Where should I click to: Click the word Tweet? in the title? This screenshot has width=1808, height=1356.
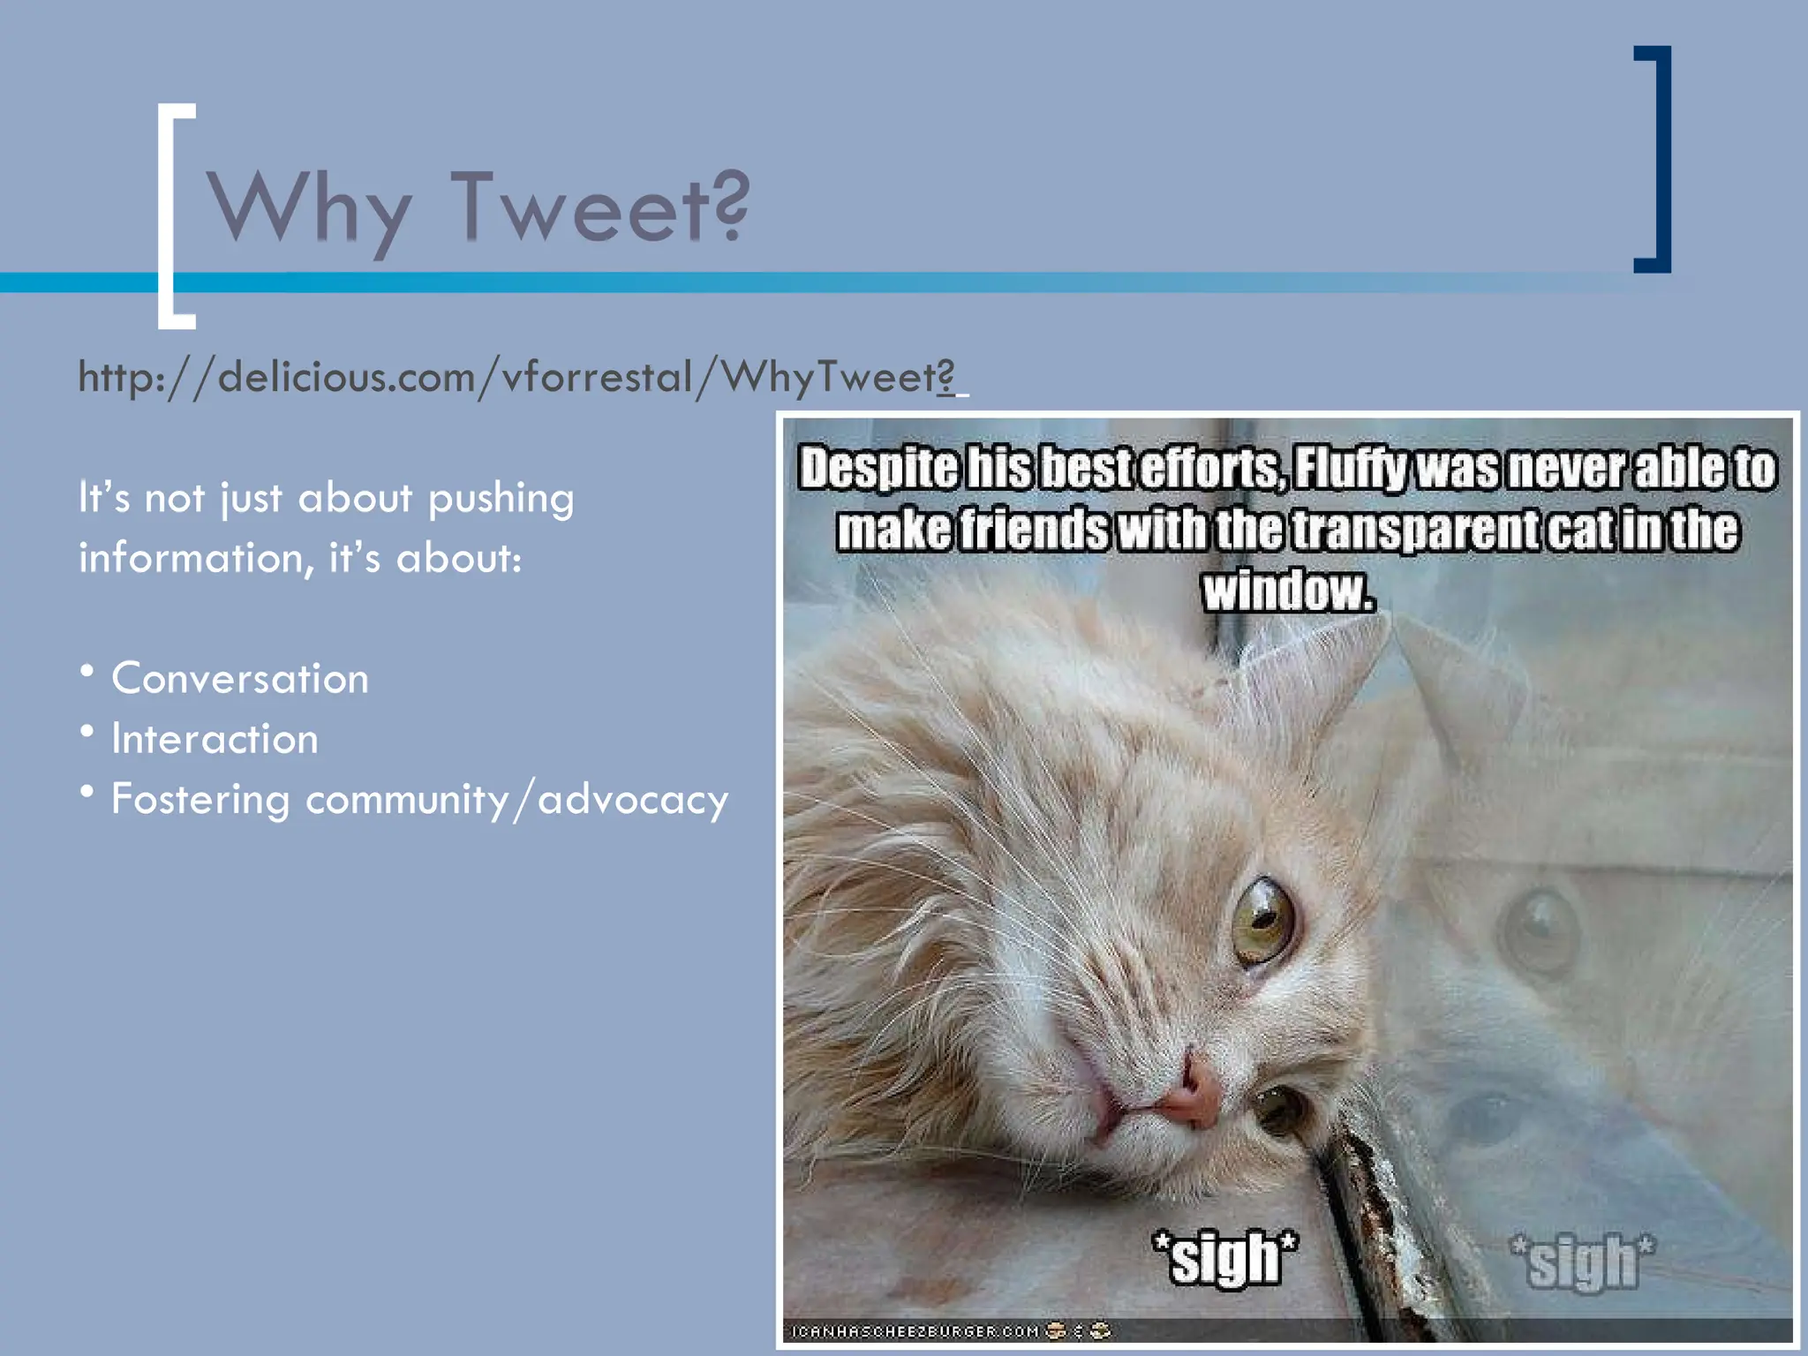coord(600,207)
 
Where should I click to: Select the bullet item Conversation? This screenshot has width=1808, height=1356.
coord(239,679)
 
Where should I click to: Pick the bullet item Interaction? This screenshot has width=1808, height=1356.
coord(215,739)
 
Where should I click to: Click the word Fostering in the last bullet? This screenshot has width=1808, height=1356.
coord(200,800)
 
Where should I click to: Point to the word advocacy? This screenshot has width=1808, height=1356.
coord(633,800)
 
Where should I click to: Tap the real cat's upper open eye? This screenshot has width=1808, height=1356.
coord(1262,921)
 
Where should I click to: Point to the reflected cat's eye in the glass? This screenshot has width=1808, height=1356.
coord(1541,927)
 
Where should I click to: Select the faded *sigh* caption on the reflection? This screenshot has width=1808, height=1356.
coord(1582,1261)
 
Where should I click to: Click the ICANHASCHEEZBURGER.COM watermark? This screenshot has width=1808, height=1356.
coord(915,1330)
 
